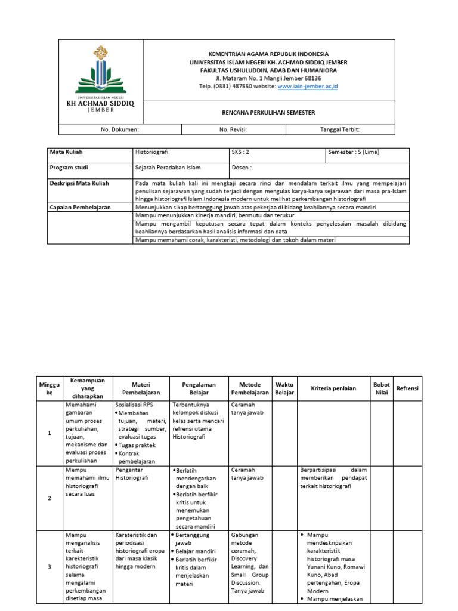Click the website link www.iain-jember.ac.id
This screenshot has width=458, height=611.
[308, 87]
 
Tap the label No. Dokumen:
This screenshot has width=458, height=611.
[120, 129]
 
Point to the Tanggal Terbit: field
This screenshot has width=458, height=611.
[340, 129]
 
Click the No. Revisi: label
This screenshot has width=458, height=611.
[233, 129]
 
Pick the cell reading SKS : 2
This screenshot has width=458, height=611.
[240, 152]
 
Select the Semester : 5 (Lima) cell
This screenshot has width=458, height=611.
[354, 152]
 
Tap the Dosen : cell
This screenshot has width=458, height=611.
[242, 168]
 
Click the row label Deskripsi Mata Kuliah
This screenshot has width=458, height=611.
[79, 183]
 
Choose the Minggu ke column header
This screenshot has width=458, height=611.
[49, 388]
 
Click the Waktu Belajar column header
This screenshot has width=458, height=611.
[284, 388]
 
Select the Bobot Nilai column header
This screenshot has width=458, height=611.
[381, 388]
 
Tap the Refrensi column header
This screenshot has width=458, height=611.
[407, 388]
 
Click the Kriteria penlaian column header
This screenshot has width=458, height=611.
[333, 388]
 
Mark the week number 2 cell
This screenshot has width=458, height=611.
[49, 498]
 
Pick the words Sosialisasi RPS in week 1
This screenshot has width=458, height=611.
[135, 405]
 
